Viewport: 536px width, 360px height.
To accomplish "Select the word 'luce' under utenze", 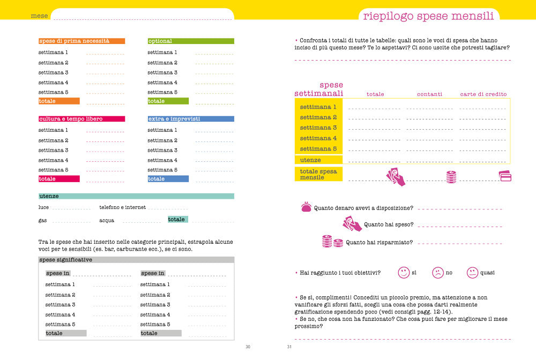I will [x=43, y=207].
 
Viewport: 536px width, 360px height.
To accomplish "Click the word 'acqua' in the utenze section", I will [x=107, y=220].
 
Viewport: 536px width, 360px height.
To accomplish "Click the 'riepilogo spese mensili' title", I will [x=428, y=16].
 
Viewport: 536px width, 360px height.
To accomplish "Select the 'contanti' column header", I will [x=429, y=94].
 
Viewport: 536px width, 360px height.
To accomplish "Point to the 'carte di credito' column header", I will [x=483, y=94].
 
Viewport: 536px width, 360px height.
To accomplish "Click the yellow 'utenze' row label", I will [x=310, y=160].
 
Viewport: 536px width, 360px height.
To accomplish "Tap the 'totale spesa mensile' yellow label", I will [x=318, y=174].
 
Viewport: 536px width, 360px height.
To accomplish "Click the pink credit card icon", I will [x=505, y=176].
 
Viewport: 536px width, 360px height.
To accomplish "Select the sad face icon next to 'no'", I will [x=438, y=273].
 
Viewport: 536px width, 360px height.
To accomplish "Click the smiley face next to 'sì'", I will [x=404, y=273].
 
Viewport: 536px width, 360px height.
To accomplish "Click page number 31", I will [x=289, y=347].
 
